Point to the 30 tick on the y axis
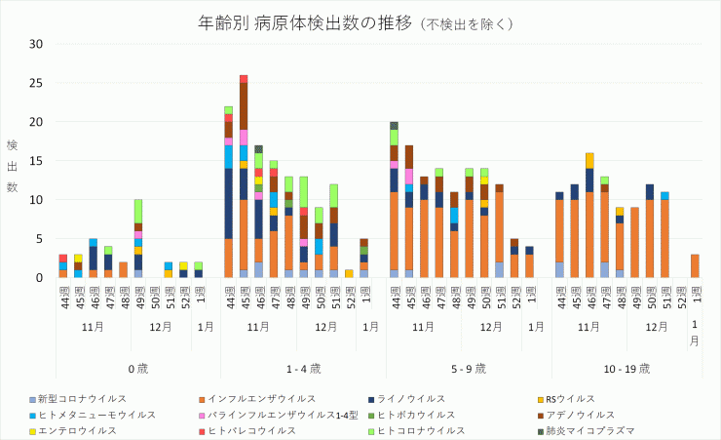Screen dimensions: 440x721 coord(36,44)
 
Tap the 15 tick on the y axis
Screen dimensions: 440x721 coord(36,161)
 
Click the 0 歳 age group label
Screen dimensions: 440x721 coord(138,369)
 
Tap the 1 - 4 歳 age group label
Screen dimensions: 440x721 coord(304,369)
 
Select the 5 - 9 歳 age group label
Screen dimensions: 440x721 coord(469,369)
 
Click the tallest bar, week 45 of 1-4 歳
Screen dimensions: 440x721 coord(244,177)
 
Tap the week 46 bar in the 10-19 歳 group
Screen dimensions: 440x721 coord(589,216)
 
